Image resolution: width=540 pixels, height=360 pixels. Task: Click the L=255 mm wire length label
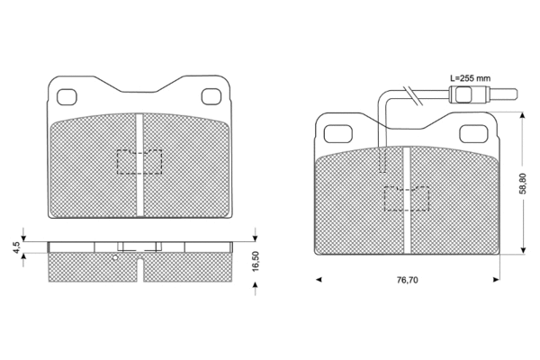click(x=469, y=79)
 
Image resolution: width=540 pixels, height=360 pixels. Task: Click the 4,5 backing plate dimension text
click(x=16, y=246)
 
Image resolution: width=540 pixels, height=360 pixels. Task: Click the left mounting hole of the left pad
click(x=67, y=97)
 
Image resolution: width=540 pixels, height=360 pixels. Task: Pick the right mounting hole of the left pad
click(x=212, y=97)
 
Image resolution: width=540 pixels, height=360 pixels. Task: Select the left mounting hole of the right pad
click(x=338, y=133)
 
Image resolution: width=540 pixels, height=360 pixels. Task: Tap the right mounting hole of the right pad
click(x=473, y=133)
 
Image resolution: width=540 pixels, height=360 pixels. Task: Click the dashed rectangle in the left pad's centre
click(x=139, y=161)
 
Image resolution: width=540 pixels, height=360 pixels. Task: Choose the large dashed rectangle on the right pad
click(x=407, y=198)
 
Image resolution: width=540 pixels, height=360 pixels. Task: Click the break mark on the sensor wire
click(x=409, y=91)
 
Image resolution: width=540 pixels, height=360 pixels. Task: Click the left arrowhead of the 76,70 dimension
click(x=319, y=281)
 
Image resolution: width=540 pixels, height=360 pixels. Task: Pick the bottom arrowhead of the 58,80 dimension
click(x=524, y=253)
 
